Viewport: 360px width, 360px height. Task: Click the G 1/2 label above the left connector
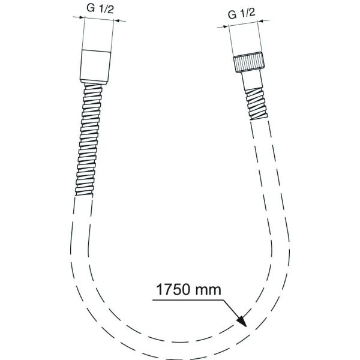click(x=97, y=8)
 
